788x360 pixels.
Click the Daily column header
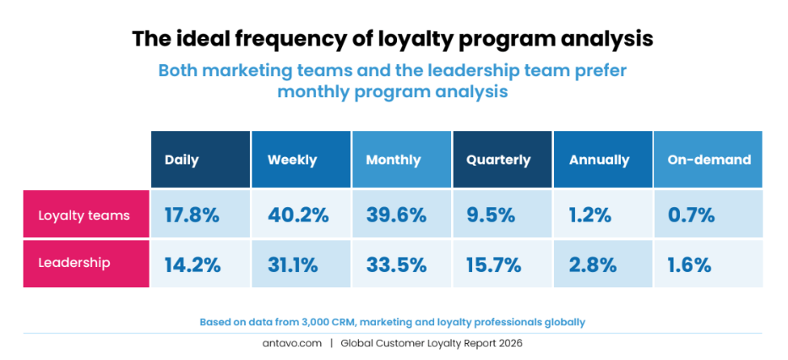click(x=200, y=160)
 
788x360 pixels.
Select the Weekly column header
click(x=301, y=160)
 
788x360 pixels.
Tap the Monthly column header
click(x=401, y=160)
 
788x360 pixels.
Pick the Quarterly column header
click(x=502, y=160)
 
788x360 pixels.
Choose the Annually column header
click(x=602, y=160)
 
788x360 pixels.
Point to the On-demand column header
click(x=708, y=160)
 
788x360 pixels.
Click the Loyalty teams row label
click(x=84, y=215)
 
